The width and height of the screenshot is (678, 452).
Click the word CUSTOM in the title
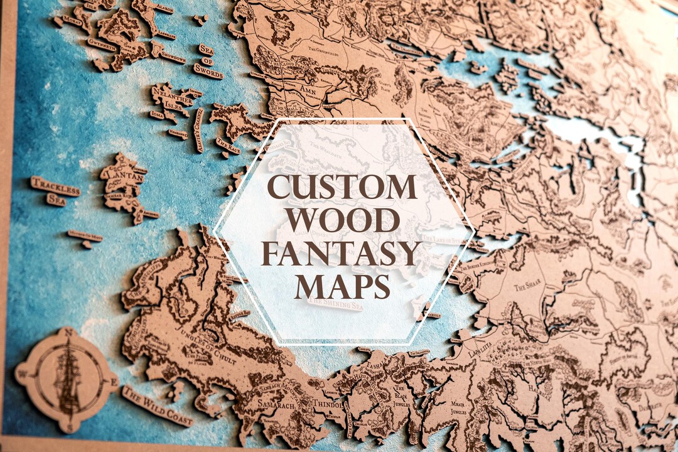343,187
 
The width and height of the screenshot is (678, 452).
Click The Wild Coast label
157,406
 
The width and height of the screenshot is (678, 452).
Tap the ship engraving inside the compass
67,380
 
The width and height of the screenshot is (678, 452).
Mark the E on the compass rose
114,382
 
